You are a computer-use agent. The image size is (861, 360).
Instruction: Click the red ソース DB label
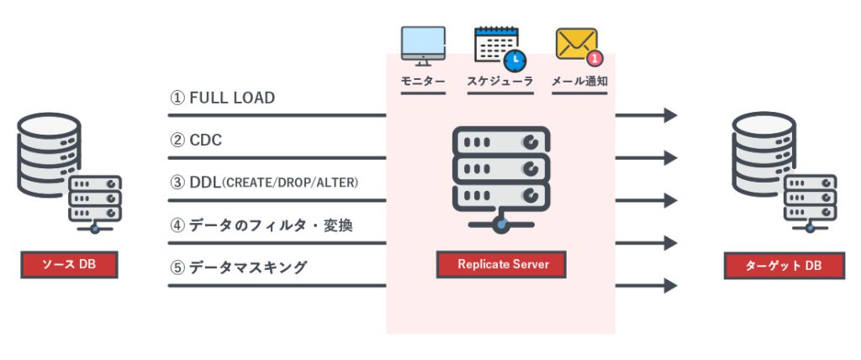click(x=69, y=265)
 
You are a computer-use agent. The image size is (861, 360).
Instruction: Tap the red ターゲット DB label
click(x=784, y=265)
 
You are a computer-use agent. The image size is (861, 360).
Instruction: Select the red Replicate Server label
click(x=502, y=264)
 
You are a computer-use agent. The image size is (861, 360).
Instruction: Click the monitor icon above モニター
click(x=423, y=46)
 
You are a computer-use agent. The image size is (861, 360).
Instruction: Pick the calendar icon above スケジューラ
click(x=498, y=46)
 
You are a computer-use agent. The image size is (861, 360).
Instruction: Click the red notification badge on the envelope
click(x=594, y=58)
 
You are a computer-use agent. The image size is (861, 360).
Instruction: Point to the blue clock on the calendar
click(x=514, y=61)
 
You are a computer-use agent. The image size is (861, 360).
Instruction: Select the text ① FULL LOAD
click(x=223, y=98)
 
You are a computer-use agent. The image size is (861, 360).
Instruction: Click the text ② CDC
click(x=196, y=140)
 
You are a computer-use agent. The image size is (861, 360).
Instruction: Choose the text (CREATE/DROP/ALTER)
click(x=291, y=183)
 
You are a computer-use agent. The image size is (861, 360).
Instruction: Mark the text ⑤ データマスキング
click(x=238, y=267)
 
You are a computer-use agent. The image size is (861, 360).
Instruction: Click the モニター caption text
click(x=423, y=82)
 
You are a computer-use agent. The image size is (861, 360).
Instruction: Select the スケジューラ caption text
click(x=499, y=82)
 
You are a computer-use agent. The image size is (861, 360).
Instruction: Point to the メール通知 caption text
click(x=579, y=82)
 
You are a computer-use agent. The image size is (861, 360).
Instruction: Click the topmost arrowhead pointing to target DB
click(x=670, y=115)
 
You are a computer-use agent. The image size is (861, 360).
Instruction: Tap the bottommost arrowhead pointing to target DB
click(x=670, y=286)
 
